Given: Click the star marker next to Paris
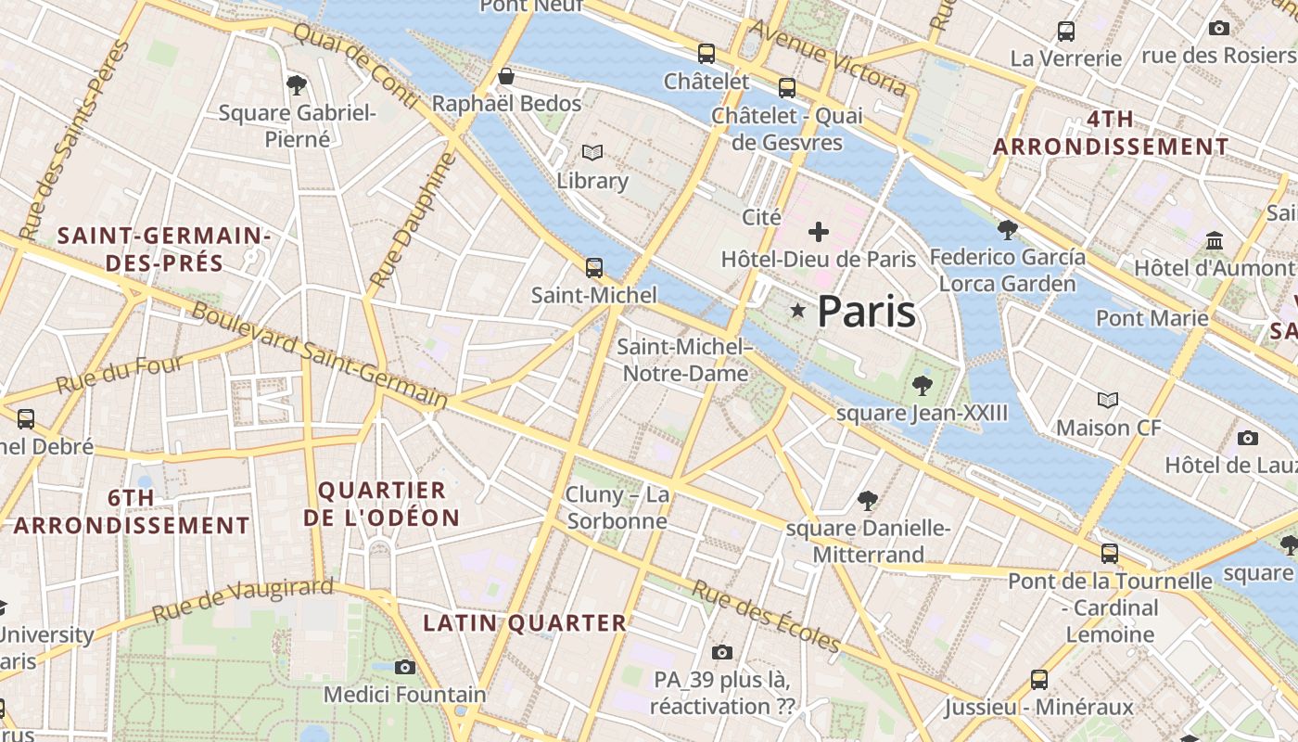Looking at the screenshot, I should (797, 310).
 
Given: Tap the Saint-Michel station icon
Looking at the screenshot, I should (594, 268).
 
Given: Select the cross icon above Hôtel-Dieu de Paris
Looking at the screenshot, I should (819, 232).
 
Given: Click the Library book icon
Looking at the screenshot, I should (592, 152).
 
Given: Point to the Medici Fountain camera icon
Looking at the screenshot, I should (404, 667).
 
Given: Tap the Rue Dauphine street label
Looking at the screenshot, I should (414, 221).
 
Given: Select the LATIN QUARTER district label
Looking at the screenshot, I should (525, 623).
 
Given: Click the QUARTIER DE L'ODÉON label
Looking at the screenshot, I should (382, 504).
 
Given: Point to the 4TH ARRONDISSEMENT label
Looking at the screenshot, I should (1111, 133).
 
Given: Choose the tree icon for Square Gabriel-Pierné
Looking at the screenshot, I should (297, 85).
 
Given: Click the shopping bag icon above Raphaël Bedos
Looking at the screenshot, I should (506, 76).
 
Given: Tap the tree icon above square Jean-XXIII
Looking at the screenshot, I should (922, 385).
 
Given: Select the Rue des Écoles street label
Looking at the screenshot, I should (766, 617).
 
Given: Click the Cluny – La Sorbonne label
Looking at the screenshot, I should (617, 507).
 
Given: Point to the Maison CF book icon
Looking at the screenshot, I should (1108, 400).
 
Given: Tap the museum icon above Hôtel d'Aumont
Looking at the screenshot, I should (1215, 241).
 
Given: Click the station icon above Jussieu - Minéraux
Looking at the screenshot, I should (1039, 680).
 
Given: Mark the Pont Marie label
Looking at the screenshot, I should (1152, 318).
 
